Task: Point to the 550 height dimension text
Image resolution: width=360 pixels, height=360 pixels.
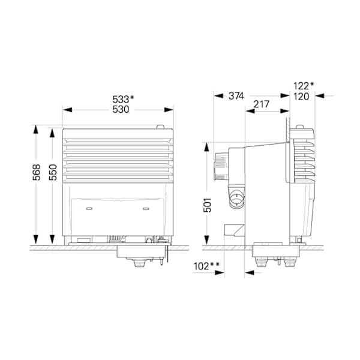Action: point(53,172)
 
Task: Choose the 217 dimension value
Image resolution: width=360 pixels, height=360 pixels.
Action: point(262,104)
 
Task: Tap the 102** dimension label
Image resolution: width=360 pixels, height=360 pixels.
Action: point(206,265)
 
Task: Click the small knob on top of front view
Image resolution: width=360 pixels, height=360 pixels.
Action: point(160,126)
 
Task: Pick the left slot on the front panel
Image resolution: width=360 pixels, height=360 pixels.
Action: point(89,209)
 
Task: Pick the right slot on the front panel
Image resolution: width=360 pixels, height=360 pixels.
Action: point(145,209)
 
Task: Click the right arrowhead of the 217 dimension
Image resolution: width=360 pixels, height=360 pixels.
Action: point(287,111)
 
